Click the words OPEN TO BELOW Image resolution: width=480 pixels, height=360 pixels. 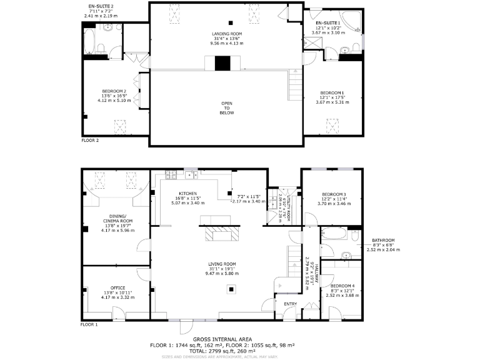(227, 108)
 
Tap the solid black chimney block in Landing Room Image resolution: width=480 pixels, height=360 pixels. (222, 63)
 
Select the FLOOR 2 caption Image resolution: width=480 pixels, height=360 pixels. (91, 141)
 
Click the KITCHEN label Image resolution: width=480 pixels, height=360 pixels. (188, 194)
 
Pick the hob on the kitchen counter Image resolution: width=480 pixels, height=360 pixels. (173, 176)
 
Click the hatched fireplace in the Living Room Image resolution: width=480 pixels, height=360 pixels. (223, 235)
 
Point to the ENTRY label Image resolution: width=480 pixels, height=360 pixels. (291, 304)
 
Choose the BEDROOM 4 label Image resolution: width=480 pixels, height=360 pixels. (342, 286)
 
